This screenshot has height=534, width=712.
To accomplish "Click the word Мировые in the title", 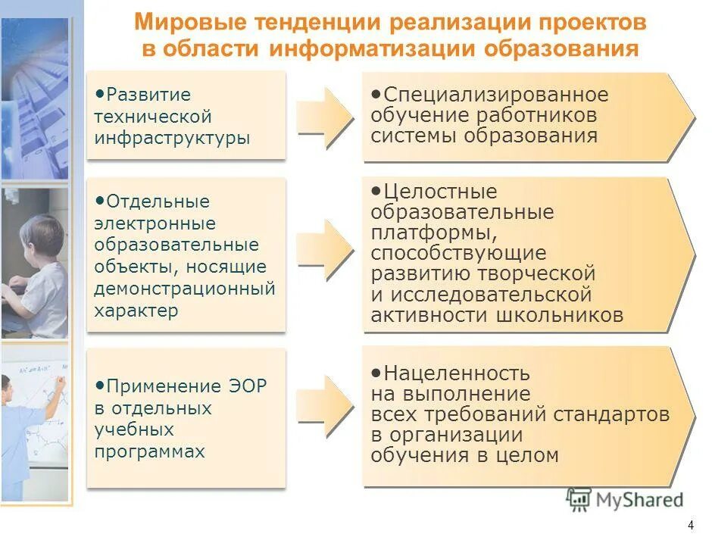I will (x=180, y=23).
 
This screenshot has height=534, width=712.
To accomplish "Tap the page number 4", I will (x=690, y=525).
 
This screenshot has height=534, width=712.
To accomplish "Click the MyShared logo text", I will (x=639, y=500).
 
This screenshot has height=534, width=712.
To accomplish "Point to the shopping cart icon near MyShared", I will (x=579, y=499).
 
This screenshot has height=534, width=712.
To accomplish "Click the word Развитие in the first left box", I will (x=148, y=95).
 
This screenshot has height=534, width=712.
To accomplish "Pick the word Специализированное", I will (x=495, y=95).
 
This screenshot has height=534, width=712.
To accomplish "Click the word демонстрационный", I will (x=184, y=289).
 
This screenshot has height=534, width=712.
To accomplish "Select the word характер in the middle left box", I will (x=136, y=311).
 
